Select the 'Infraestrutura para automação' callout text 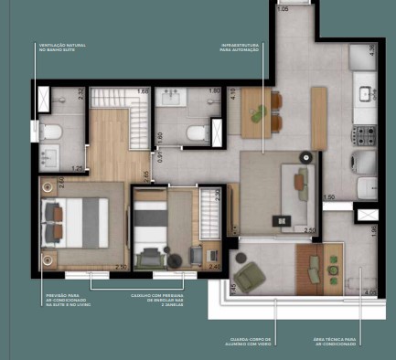coord(240,47)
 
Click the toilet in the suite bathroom coord(50,133)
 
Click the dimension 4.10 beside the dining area coord(234,93)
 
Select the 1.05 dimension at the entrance coord(282,8)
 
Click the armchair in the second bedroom coord(195,254)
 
